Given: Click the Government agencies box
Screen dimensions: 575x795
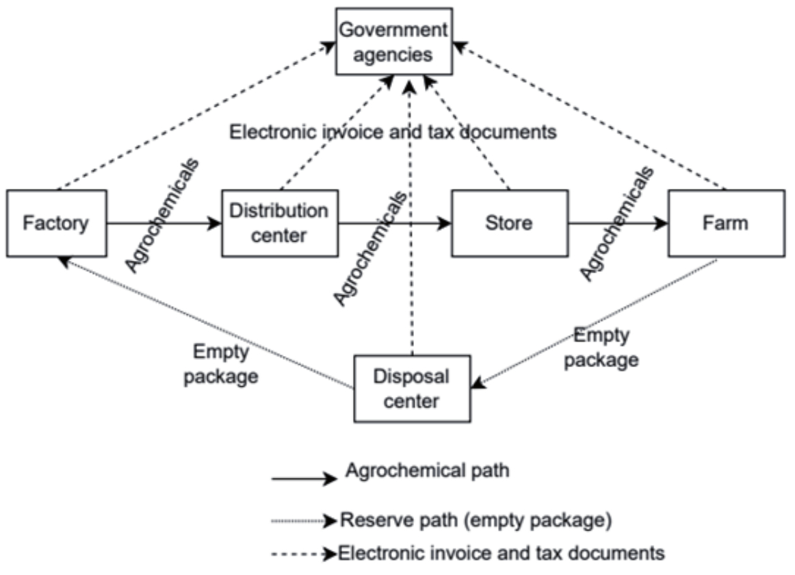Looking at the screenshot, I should (394, 41).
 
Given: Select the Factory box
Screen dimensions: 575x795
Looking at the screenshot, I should (57, 223).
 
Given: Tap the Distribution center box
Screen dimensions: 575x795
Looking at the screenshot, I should (279, 223).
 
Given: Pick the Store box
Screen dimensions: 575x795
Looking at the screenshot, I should (509, 223).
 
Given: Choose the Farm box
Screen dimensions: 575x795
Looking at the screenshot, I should (725, 223).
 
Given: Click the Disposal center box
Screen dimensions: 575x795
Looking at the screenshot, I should (412, 388).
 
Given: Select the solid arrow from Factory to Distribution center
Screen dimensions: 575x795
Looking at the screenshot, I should (164, 223).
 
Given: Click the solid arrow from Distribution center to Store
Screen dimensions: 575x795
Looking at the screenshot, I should (394, 223).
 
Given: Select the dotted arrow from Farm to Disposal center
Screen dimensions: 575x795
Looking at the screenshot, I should (595, 322).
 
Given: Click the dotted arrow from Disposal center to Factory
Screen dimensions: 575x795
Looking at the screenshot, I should (205, 322).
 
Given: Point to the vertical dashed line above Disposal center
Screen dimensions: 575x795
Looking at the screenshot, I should (410, 274).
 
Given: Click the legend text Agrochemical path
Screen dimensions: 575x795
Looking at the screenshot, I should (428, 471).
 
